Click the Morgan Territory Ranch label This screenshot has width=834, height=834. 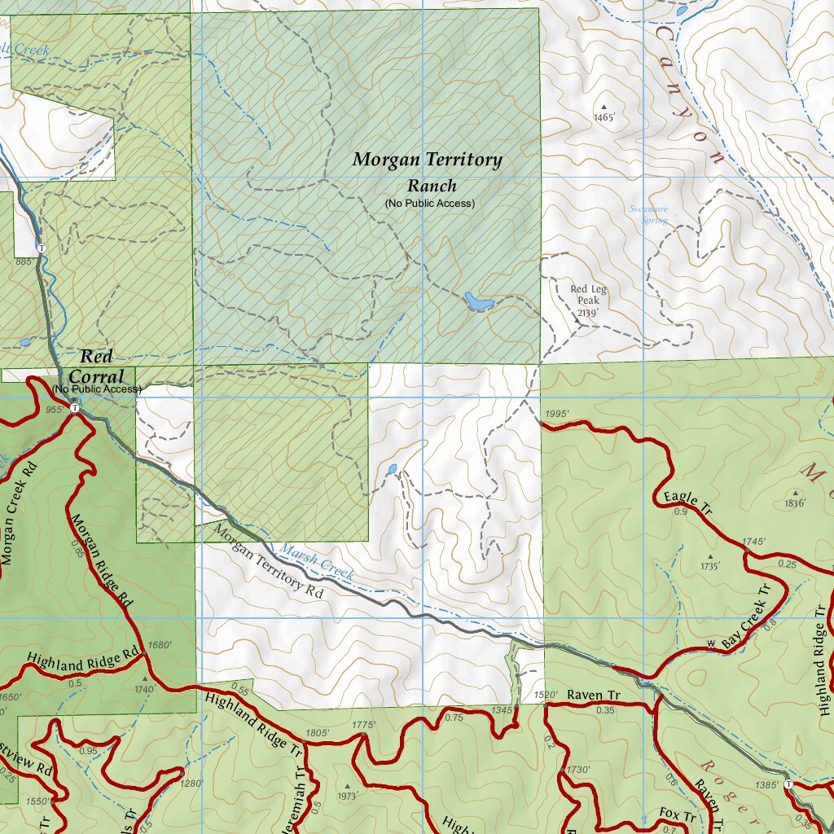click(427, 171)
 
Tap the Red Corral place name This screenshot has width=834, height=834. click(96, 367)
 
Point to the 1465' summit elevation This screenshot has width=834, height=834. click(604, 117)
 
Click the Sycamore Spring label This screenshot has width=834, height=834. click(647, 214)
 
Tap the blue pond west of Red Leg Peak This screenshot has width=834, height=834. click(478, 302)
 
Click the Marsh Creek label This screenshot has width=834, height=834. click(317, 561)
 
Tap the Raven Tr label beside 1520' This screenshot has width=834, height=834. click(594, 696)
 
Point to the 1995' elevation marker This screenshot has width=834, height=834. click(556, 414)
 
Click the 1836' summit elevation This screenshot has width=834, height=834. click(795, 503)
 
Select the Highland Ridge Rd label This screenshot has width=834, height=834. click(83, 658)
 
